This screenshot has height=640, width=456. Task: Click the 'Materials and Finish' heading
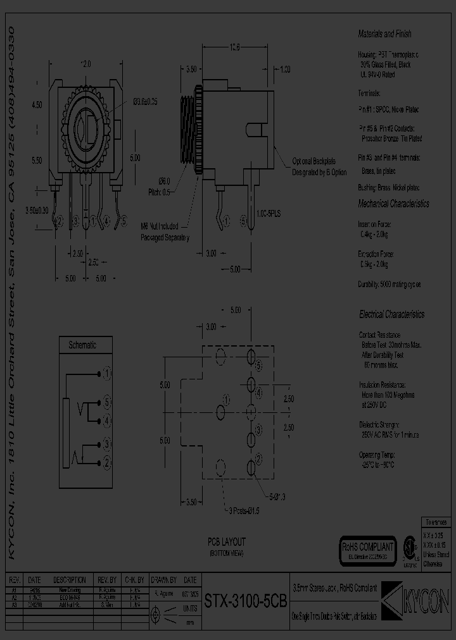tap(384, 34)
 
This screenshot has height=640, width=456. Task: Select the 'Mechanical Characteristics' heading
tap(393, 204)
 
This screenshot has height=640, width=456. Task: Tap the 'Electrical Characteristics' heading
tap(391, 314)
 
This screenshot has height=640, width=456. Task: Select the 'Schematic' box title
tap(82, 345)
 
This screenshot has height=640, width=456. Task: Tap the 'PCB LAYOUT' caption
tap(226, 542)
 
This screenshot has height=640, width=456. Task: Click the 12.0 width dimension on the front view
tap(85, 64)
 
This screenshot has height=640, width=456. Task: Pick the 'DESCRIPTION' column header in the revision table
tap(69, 580)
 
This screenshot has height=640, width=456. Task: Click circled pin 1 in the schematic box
tap(107, 374)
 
